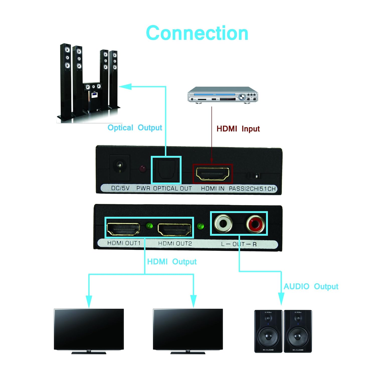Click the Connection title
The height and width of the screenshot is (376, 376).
point(197,33)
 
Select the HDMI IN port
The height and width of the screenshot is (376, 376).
point(213,174)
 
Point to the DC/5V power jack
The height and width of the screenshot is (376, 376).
point(119,167)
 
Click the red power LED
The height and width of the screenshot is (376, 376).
point(143,168)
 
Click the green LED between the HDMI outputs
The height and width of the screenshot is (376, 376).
point(149,226)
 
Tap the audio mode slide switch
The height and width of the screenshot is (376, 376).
point(254,176)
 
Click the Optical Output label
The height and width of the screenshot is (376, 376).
point(135,128)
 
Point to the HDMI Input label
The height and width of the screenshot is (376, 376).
point(238,129)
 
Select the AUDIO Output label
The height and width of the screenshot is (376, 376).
point(311,286)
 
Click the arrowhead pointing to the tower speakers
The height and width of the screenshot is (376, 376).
point(125,87)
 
